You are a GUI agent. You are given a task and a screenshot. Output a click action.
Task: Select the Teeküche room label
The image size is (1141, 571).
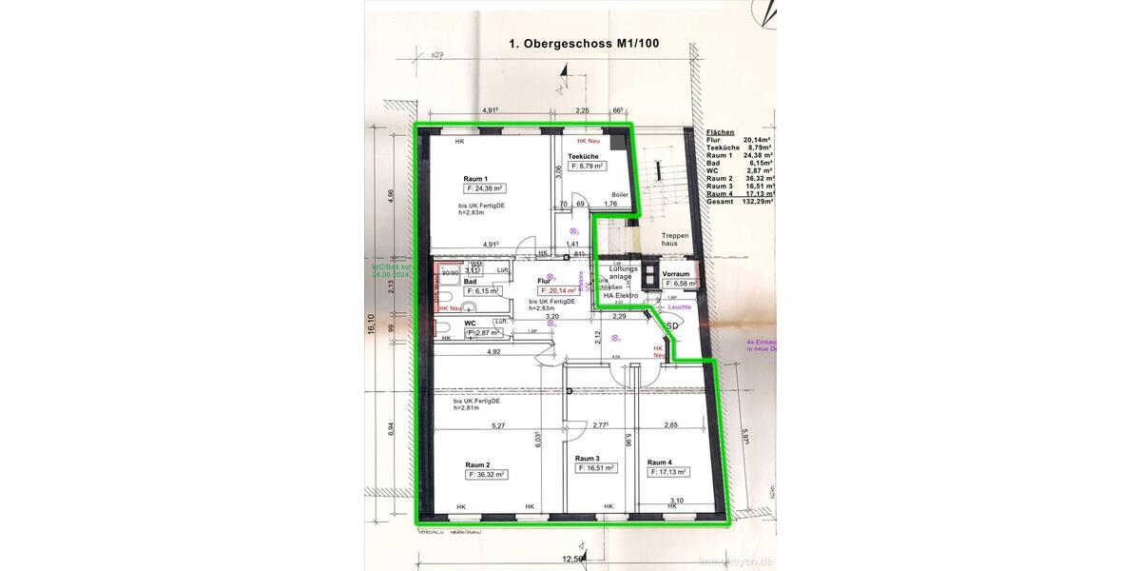582,155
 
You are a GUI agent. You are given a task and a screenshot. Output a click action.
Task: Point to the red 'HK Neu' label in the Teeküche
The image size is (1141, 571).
589,141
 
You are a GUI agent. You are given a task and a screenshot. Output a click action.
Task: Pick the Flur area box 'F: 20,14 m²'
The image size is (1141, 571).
560,290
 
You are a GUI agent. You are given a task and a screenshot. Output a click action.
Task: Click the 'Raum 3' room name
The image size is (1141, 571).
587,458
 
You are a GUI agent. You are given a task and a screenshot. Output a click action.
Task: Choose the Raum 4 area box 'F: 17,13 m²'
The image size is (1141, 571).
667,471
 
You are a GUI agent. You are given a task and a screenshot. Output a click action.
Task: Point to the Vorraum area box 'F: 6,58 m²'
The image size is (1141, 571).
681,284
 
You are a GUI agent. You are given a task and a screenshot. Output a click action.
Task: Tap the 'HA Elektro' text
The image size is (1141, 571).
620,295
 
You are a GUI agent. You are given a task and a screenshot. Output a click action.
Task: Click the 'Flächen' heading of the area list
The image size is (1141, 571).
720,132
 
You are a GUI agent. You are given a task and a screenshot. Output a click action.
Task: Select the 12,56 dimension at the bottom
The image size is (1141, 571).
571,559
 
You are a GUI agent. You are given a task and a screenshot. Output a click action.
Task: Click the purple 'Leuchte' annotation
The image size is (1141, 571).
679,306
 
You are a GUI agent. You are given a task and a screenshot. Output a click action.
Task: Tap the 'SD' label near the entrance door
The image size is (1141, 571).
671,325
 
